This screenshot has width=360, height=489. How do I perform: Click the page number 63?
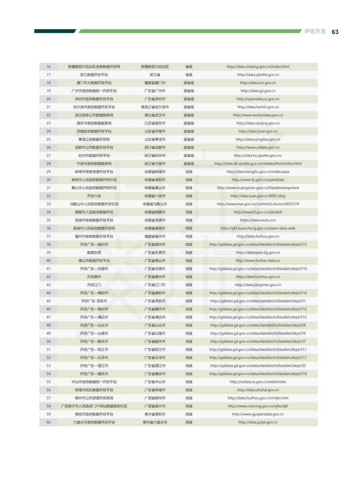point(335,32)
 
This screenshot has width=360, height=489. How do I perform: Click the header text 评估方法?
point(315,32)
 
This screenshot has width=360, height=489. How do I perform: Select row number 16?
point(49,67)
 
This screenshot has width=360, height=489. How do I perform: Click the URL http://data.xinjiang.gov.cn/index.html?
point(258,67)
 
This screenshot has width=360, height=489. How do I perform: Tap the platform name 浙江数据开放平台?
point(94,75)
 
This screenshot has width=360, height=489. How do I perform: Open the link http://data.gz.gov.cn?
point(258,91)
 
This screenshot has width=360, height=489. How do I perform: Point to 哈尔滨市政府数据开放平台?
point(94,107)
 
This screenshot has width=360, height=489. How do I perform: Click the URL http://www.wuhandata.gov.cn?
point(258,115)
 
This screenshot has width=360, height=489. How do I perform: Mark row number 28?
point(49,163)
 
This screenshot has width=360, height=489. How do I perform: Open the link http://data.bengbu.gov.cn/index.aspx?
point(258,172)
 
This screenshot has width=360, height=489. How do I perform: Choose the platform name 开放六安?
point(94,196)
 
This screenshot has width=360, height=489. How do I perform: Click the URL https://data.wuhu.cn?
point(258,220)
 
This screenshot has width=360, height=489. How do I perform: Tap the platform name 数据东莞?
point(94,252)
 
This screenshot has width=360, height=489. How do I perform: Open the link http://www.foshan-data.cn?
point(258,261)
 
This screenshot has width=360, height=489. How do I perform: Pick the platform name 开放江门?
point(94,285)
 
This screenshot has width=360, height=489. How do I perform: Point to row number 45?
point(49,301)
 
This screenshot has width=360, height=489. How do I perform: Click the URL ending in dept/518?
point(258,374)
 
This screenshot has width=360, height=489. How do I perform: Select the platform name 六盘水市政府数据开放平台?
point(94,422)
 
